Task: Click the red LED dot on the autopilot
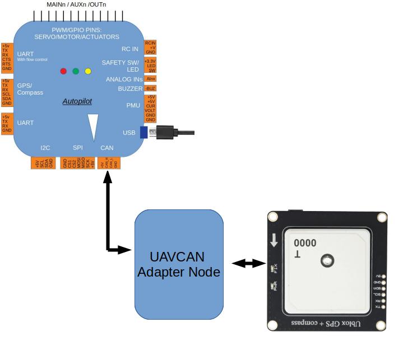point(63,71)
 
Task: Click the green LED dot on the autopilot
point(76,71)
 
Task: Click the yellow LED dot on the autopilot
point(88,71)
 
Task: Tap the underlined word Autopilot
point(77,102)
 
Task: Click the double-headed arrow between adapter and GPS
point(248,263)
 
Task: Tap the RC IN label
point(130,49)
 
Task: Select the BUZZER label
point(130,88)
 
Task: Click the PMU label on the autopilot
point(133,105)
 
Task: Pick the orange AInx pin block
point(150,79)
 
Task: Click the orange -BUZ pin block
point(150,88)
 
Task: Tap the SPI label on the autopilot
point(78,148)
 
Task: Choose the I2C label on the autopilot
point(45,148)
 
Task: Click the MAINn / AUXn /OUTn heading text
point(76,4)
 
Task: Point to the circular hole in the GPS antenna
point(326,260)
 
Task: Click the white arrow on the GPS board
point(274,241)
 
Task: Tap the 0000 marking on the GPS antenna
point(305,243)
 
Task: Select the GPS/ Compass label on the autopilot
point(30,89)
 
